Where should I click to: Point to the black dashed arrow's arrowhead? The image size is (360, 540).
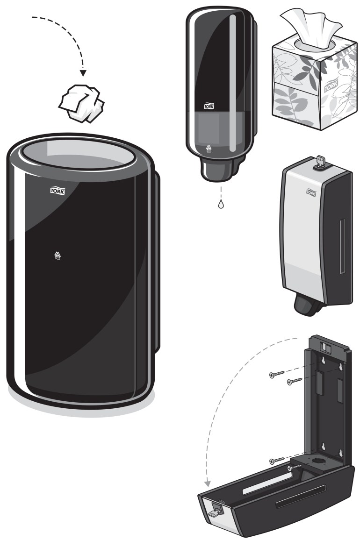[83, 72]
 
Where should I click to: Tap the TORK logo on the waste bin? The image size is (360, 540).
[58, 190]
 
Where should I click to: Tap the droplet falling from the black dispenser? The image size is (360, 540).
[220, 204]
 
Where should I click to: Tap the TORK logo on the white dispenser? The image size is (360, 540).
[312, 191]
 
